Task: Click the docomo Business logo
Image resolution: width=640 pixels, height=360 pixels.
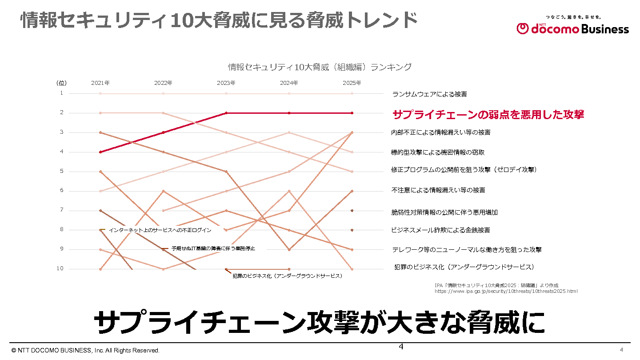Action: (x=573, y=28)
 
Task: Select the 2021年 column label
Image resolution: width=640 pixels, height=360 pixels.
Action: (x=100, y=83)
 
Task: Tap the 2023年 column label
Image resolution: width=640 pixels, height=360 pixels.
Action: (x=226, y=83)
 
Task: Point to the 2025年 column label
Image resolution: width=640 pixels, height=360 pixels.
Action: (x=352, y=83)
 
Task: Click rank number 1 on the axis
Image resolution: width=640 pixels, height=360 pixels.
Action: (x=62, y=93)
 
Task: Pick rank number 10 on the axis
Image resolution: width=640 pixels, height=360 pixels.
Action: (x=60, y=268)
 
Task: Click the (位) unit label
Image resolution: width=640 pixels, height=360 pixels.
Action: (x=61, y=83)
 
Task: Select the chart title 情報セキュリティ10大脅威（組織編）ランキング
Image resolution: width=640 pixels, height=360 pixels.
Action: (x=320, y=68)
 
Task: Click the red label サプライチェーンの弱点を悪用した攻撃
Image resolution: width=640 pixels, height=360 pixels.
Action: (x=488, y=115)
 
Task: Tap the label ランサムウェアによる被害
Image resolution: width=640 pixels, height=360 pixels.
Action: (x=429, y=94)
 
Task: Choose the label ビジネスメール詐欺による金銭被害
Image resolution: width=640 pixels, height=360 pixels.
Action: (x=440, y=230)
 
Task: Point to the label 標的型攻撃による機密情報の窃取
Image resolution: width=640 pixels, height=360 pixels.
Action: (x=438, y=152)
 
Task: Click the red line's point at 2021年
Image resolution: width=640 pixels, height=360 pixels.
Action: (x=100, y=152)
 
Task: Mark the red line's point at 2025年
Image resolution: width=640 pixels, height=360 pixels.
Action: (x=352, y=113)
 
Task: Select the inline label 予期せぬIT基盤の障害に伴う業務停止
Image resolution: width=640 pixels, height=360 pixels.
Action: (x=213, y=248)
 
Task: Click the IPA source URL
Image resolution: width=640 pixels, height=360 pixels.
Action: (x=506, y=292)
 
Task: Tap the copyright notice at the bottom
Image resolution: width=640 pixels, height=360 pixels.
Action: (x=86, y=351)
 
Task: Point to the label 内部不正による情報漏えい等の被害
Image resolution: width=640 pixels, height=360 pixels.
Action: (x=441, y=132)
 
